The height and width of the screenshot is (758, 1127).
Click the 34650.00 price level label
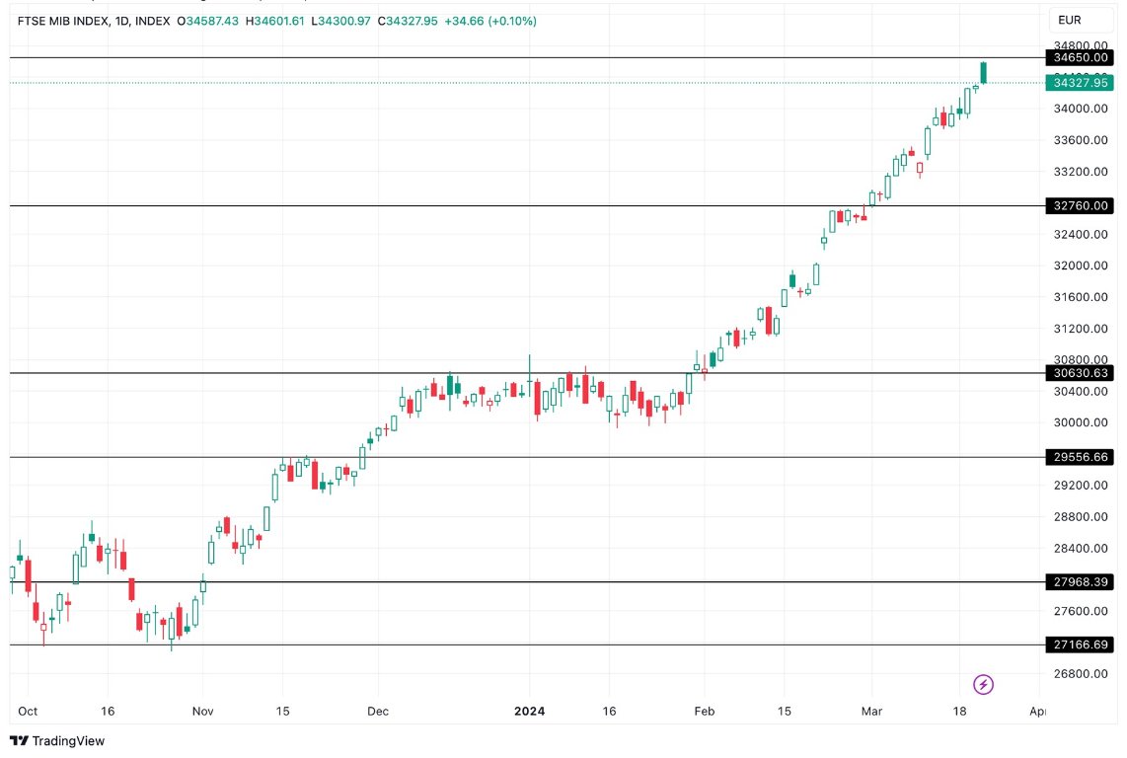coord(1082,58)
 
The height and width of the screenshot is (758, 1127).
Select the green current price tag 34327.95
coord(1082,83)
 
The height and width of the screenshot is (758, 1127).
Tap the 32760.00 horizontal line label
coord(1082,205)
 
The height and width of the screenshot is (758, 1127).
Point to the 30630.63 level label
coord(1082,373)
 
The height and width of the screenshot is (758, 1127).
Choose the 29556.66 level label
coord(1082,457)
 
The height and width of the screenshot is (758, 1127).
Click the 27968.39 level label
coord(1082,582)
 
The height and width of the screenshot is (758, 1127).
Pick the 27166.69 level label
coord(1082,644)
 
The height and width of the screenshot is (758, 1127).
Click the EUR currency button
coord(1071,20)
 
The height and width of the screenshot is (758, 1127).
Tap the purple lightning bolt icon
coord(983,684)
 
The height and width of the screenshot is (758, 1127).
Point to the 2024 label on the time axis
coord(530,711)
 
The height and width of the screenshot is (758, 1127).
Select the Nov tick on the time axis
coord(202,711)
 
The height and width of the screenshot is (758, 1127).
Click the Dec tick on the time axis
coord(377,711)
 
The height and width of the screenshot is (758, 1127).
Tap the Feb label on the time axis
coord(704,711)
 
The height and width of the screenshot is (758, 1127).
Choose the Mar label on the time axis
coord(871,711)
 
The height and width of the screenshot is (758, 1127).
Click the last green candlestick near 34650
coord(983,72)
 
